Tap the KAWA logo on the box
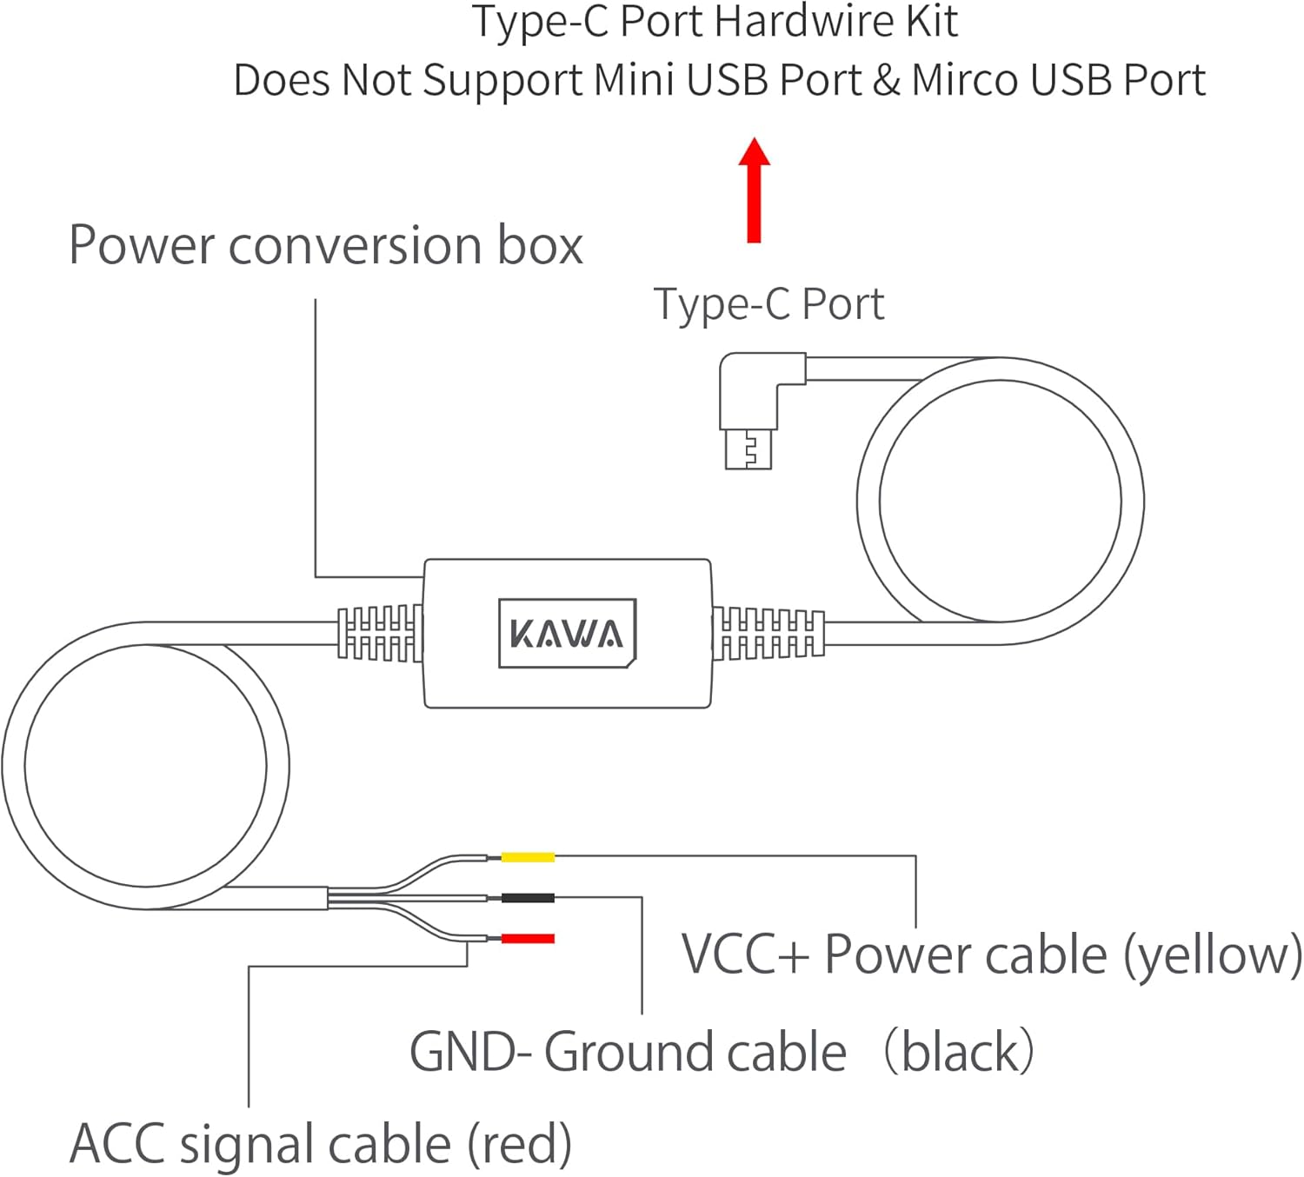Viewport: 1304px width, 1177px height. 567,634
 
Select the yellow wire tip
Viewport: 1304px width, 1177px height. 528,858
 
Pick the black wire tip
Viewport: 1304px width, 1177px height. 528,898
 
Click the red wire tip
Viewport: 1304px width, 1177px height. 528,939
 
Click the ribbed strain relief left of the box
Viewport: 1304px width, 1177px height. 380,634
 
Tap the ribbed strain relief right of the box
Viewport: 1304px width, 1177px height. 768,634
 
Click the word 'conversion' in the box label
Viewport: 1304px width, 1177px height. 356,246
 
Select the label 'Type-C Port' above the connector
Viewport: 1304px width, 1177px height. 768,305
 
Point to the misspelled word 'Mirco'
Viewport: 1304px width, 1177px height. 965,81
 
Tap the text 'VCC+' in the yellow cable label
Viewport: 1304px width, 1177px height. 745,955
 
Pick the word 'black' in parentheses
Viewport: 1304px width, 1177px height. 960,1053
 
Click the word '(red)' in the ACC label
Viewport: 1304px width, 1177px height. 519,1145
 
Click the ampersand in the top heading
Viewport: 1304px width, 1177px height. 886,81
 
